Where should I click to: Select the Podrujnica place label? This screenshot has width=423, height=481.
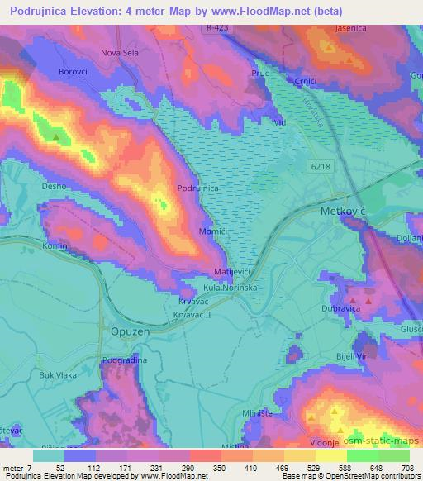(197, 188)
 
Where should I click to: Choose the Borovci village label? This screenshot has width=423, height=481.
(72, 72)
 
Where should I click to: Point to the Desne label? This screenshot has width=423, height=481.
(53, 187)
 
